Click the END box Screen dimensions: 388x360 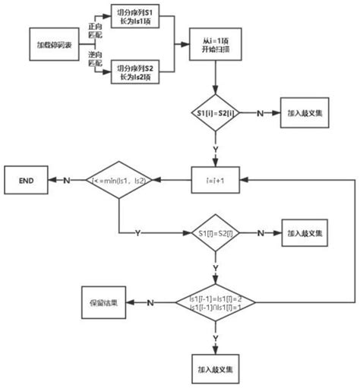coord(27,180)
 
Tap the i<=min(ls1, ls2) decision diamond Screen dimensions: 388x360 coord(119,180)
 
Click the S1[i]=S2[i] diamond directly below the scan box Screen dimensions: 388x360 coord(216,112)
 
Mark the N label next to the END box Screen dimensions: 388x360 coord(66,180)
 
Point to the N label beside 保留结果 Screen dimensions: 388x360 coord(150,301)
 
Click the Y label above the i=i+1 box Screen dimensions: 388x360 coord(216,149)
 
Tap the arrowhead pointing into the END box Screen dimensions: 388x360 coord(51,180)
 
